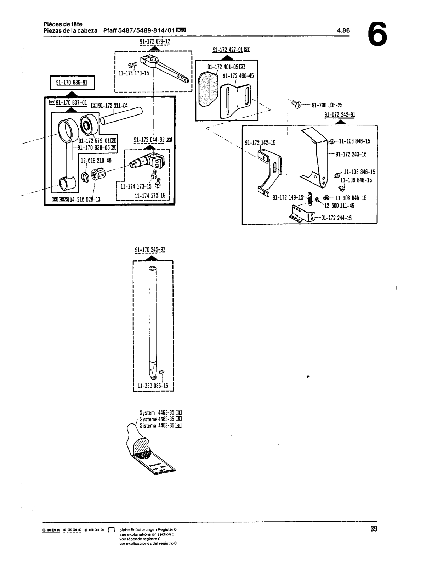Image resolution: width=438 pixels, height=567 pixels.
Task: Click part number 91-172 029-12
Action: click(155, 42)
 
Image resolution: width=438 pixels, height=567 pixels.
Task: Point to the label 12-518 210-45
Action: click(96, 161)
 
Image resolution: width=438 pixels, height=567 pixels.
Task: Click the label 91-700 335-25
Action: click(327, 105)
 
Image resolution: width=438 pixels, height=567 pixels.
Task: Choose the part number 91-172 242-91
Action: click(340, 114)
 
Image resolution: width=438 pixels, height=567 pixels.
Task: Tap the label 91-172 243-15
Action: click(351, 154)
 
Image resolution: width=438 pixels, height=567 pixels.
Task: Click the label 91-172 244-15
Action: click(336, 218)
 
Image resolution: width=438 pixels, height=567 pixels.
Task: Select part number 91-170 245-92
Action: click(150, 250)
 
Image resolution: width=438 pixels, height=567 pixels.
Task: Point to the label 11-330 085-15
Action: click(153, 385)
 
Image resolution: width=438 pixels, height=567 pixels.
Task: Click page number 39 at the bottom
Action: click(374, 529)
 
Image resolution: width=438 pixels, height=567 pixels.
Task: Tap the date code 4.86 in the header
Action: click(343, 30)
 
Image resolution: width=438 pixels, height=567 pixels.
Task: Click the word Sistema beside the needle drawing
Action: click(148, 426)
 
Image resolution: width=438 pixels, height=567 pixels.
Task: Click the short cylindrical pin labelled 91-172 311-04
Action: click(121, 116)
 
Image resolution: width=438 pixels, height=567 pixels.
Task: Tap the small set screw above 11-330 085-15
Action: click(162, 372)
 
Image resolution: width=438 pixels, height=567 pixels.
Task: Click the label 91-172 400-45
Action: click(238, 76)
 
